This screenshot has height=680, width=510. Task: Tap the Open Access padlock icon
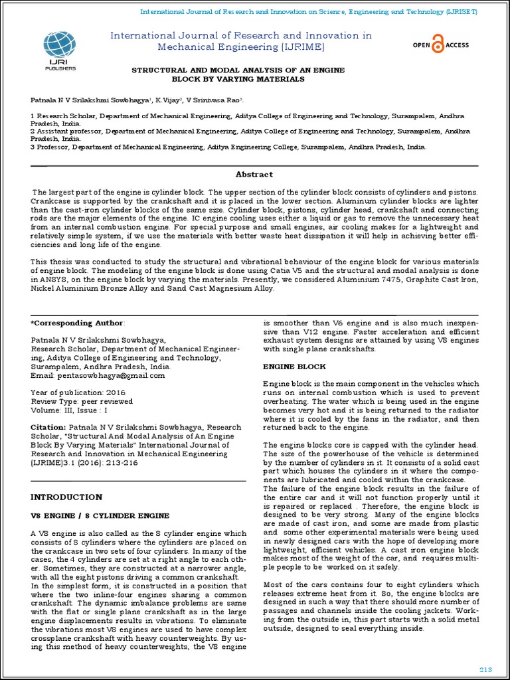(438, 45)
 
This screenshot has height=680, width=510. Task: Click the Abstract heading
(254, 174)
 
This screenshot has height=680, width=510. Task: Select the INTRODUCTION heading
(66, 497)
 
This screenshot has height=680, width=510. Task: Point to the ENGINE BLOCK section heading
(295, 367)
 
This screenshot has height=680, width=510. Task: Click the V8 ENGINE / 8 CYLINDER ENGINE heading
(100, 515)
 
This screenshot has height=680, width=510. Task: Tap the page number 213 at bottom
(486, 667)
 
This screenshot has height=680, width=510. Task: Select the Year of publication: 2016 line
(78, 392)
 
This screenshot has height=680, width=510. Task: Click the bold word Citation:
(48, 427)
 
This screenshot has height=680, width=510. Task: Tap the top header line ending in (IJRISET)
(309, 12)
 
